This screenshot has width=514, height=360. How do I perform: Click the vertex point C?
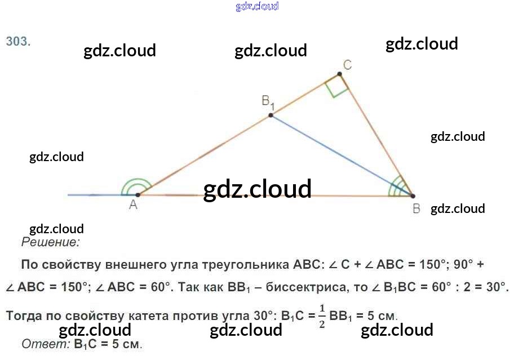339,74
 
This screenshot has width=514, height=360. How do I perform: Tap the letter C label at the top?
348,65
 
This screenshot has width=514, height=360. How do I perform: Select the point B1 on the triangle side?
271,115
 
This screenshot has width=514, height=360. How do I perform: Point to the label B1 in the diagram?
267,102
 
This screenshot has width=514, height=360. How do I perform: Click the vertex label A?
133,206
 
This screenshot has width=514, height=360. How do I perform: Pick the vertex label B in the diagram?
416,209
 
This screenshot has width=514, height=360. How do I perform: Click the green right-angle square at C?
336,86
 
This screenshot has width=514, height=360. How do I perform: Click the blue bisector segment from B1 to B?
341,155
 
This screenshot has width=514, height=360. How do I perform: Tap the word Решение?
50,243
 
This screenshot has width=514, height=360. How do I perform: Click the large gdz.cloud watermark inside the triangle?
257,189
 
